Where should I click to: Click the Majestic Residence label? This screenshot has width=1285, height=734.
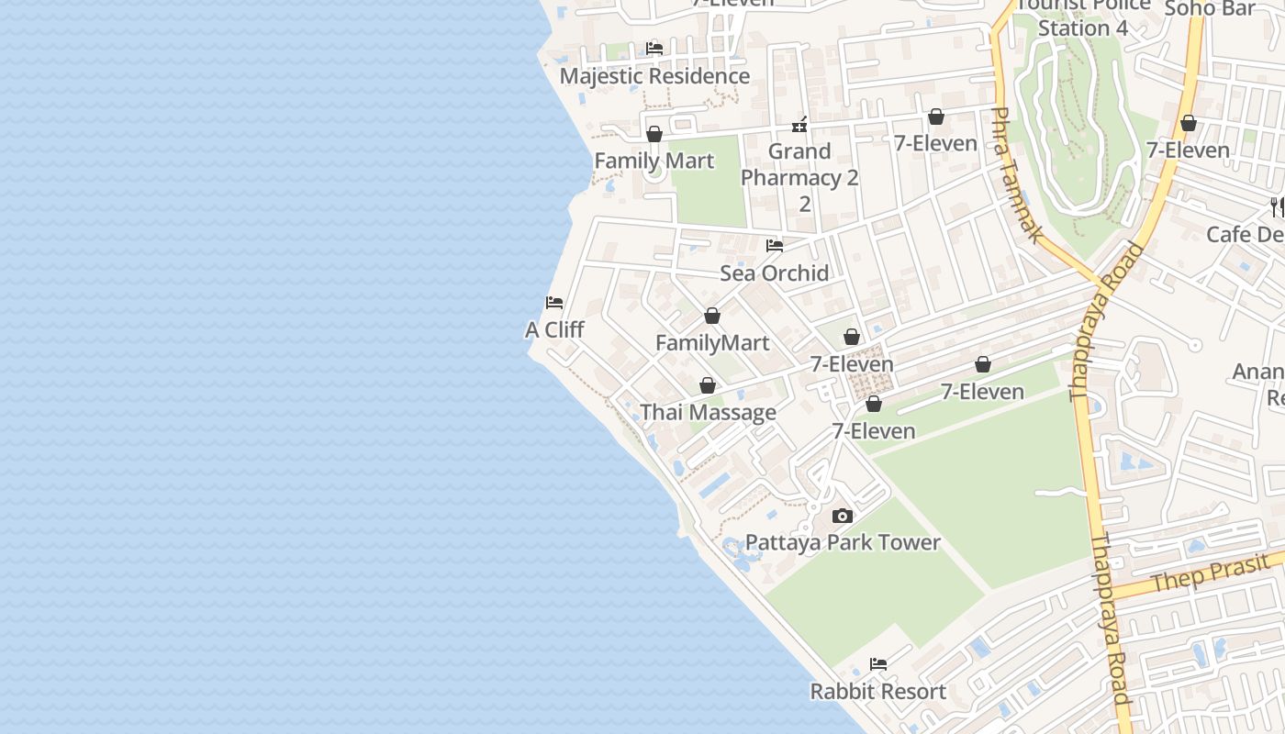pyautogui.click(x=654, y=76)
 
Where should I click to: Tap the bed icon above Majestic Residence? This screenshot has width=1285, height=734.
pyautogui.click(x=654, y=48)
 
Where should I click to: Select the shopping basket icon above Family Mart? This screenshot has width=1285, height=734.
pyautogui.click(x=654, y=134)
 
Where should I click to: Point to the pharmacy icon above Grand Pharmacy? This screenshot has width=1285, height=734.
pyautogui.click(x=799, y=125)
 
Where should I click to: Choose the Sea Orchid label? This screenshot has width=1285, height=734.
pyautogui.click(x=775, y=272)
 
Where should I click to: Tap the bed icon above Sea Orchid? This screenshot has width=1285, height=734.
pyautogui.click(x=775, y=245)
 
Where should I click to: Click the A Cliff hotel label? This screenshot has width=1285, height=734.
pyautogui.click(x=554, y=330)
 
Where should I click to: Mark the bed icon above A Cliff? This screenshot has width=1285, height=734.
pyautogui.click(x=554, y=303)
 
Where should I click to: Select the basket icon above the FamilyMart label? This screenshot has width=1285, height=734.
pyautogui.click(x=712, y=316)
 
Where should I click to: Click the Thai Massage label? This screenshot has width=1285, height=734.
pyautogui.click(x=708, y=413)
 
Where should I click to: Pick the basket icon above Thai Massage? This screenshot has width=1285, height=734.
pyautogui.click(x=708, y=385)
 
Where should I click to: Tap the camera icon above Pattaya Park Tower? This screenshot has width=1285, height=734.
pyautogui.click(x=843, y=516)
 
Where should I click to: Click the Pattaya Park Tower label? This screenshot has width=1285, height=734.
pyautogui.click(x=843, y=542)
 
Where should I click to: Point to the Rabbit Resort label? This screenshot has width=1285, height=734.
pyautogui.click(x=877, y=691)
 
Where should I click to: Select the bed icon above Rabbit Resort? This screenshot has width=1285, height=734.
pyautogui.click(x=878, y=663)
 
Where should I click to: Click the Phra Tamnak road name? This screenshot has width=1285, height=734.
pyautogui.click(x=1018, y=175)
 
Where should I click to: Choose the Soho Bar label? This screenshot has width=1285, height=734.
pyautogui.click(x=1210, y=8)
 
